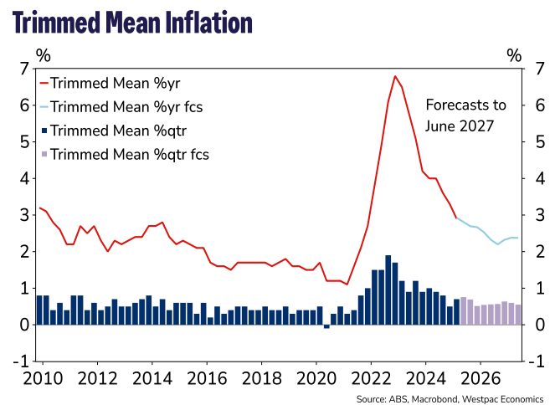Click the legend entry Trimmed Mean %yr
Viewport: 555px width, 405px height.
click(116, 83)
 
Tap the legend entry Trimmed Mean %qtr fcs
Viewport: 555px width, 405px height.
click(130, 154)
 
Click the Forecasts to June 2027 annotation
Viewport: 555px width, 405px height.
click(465, 115)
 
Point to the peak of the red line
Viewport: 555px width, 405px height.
click(395, 76)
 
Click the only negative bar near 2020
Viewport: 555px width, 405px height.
click(326, 326)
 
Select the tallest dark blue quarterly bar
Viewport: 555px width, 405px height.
click(388, 290)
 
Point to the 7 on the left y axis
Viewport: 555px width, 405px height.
click(26, 69)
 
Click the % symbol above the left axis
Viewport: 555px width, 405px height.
click(43, 55)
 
